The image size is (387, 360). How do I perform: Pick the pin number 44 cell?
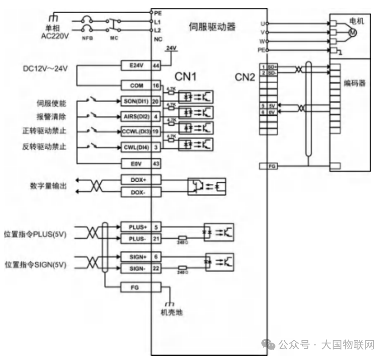(156, 65)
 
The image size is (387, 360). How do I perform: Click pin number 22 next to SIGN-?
(156, 269)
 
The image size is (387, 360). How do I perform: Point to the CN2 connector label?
(245, 77)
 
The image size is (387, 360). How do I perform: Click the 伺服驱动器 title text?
(211, 27)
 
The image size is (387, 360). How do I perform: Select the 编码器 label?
(355, 84)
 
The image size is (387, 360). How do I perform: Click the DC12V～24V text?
(46, 68)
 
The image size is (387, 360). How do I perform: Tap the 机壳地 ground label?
(171, 312)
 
